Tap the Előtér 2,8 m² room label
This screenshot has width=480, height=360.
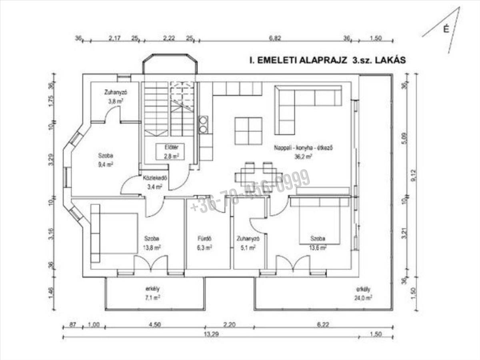tap(170, 152)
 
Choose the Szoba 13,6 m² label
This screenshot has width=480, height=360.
tap(318, 243)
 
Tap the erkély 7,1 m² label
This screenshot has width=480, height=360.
tap(150, 293)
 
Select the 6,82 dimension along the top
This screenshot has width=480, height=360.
tap(274, 38)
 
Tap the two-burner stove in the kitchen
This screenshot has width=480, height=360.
tap(204, 124)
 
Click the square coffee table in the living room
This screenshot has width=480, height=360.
tap(248, 131)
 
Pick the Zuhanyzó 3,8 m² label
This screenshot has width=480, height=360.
tap(114, 96)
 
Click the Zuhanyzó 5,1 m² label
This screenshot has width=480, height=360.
tap(246, 243)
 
